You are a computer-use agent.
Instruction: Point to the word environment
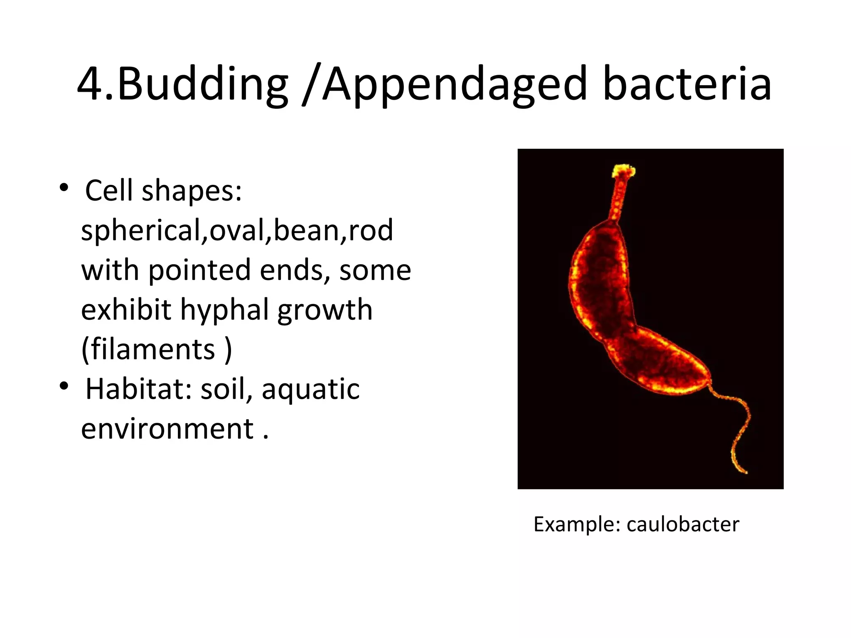click(x=167, y=429)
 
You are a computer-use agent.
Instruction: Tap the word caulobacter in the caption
click(x=683, y=524)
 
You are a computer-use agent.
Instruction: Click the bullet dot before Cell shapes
click(x=64, y=188)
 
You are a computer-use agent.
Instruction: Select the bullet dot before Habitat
click(x=64, y=386)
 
